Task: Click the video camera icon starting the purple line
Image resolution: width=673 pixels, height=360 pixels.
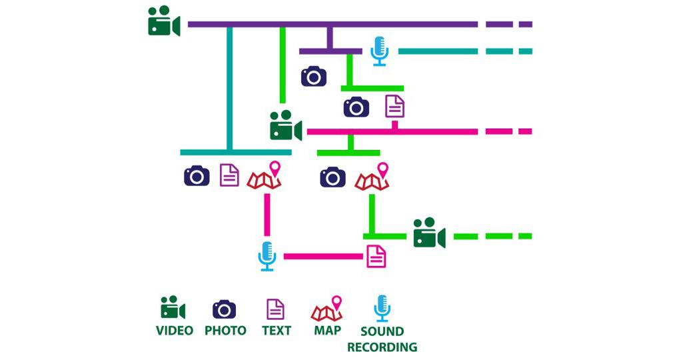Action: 164,21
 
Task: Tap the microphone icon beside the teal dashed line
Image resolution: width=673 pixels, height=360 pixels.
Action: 379,51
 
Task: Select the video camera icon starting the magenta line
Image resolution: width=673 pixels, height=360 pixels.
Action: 286,125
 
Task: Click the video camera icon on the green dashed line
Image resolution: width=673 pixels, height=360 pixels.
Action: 429,233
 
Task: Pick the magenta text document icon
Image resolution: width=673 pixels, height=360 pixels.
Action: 376,255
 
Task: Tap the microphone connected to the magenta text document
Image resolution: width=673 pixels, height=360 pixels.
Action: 267,256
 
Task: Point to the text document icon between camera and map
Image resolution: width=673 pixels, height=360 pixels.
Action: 229,175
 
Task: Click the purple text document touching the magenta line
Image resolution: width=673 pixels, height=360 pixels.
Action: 395,106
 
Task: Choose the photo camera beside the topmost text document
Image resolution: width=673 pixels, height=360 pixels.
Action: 356,107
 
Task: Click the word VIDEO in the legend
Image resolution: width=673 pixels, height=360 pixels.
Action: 175,331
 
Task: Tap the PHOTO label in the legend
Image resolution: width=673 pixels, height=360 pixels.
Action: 225,331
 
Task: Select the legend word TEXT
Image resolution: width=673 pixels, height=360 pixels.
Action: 277,331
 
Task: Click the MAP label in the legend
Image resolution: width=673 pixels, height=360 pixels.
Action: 327,330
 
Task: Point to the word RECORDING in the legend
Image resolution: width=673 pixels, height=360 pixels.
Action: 382,347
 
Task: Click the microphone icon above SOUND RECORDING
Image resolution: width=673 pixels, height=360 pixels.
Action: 382,309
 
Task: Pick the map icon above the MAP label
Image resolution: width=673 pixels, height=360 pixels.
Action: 327,309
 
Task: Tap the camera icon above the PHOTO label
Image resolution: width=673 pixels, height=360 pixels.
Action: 225,309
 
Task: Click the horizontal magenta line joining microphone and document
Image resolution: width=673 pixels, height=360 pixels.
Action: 323,256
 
